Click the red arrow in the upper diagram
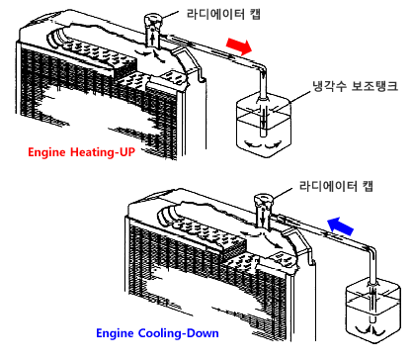239,45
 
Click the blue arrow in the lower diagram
341,225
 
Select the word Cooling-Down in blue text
178,333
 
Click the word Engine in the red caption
46,152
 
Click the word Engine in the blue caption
116,333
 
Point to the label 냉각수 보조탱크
355,86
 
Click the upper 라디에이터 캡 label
223,14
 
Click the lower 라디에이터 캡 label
336,186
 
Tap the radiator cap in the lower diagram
263,201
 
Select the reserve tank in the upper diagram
264,126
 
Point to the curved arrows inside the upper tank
263,145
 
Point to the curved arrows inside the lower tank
372,330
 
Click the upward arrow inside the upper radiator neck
153,38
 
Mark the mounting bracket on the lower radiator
300,246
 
